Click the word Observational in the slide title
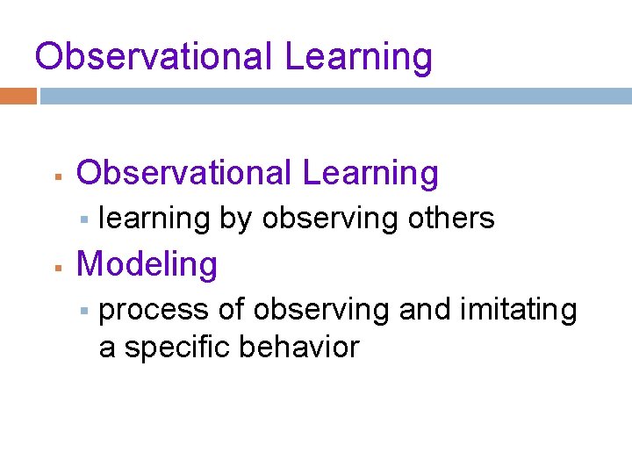(x=154, y=57)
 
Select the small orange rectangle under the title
(x=18, y=96)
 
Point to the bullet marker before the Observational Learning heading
(x=55, y=176)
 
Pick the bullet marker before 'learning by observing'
(x=85, y=219)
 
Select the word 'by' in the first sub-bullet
(x=235, y=218)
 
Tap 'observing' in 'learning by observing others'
(x=331, y=218)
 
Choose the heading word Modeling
(x=147, y=264)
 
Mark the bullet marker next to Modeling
(x=55, y=267)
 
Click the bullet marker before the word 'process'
(x=85, y=312)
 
